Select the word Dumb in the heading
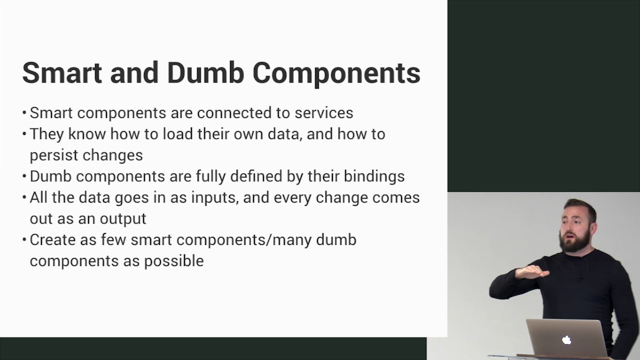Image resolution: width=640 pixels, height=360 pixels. (x=205, y=73)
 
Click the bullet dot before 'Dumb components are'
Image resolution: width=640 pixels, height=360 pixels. (x=24, y=176)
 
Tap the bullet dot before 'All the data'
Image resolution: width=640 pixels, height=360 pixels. (x=24, y=197)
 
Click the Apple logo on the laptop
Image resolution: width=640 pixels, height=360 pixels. (x=566, y=340)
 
